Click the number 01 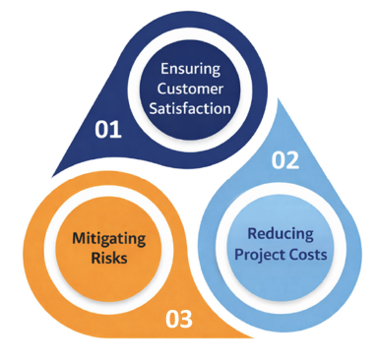point(107,130)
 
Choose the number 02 point(284,161)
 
